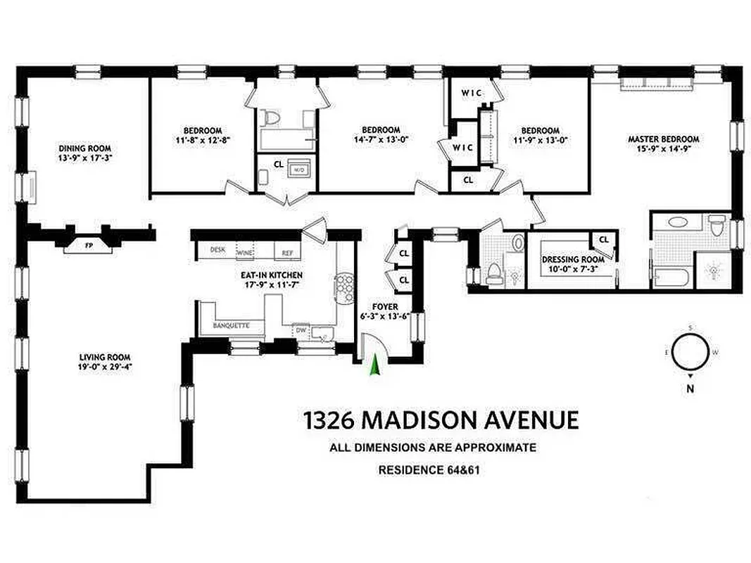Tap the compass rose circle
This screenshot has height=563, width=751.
689,353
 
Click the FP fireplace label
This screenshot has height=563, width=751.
88,246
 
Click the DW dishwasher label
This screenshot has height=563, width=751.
301,329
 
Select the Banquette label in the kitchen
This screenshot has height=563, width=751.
232,326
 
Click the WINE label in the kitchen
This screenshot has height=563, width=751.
246,252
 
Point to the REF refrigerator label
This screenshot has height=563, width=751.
287,252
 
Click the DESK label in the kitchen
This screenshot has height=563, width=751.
217,249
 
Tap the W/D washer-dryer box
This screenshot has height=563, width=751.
298,170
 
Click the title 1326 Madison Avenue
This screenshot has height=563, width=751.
441,420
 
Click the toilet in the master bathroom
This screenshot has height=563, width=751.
717,227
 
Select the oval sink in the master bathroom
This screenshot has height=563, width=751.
678,222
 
